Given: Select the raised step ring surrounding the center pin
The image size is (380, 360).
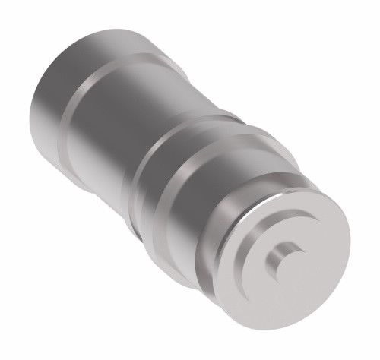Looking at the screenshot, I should coord(300,235).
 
